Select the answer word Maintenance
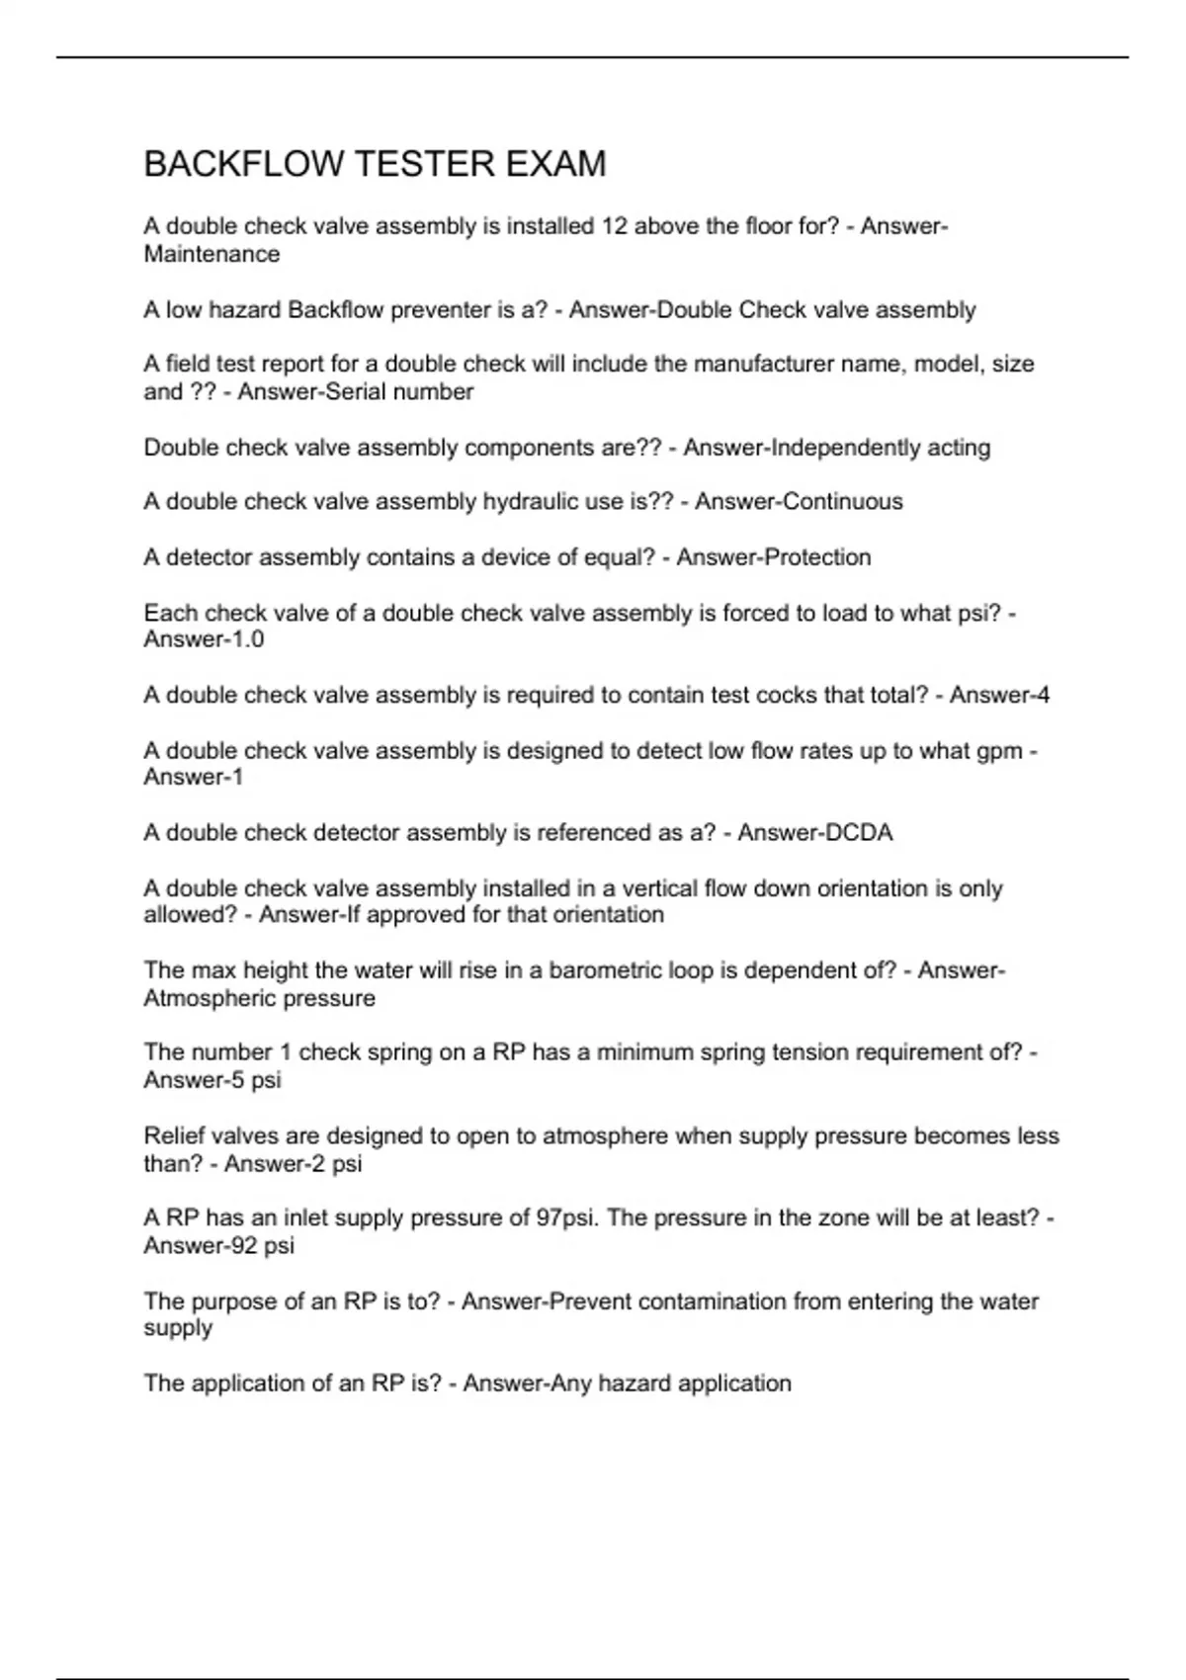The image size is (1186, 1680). pyautogui.click(x=212, y=254)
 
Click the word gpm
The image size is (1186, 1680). pyautogui.click(x=999, y=751)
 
